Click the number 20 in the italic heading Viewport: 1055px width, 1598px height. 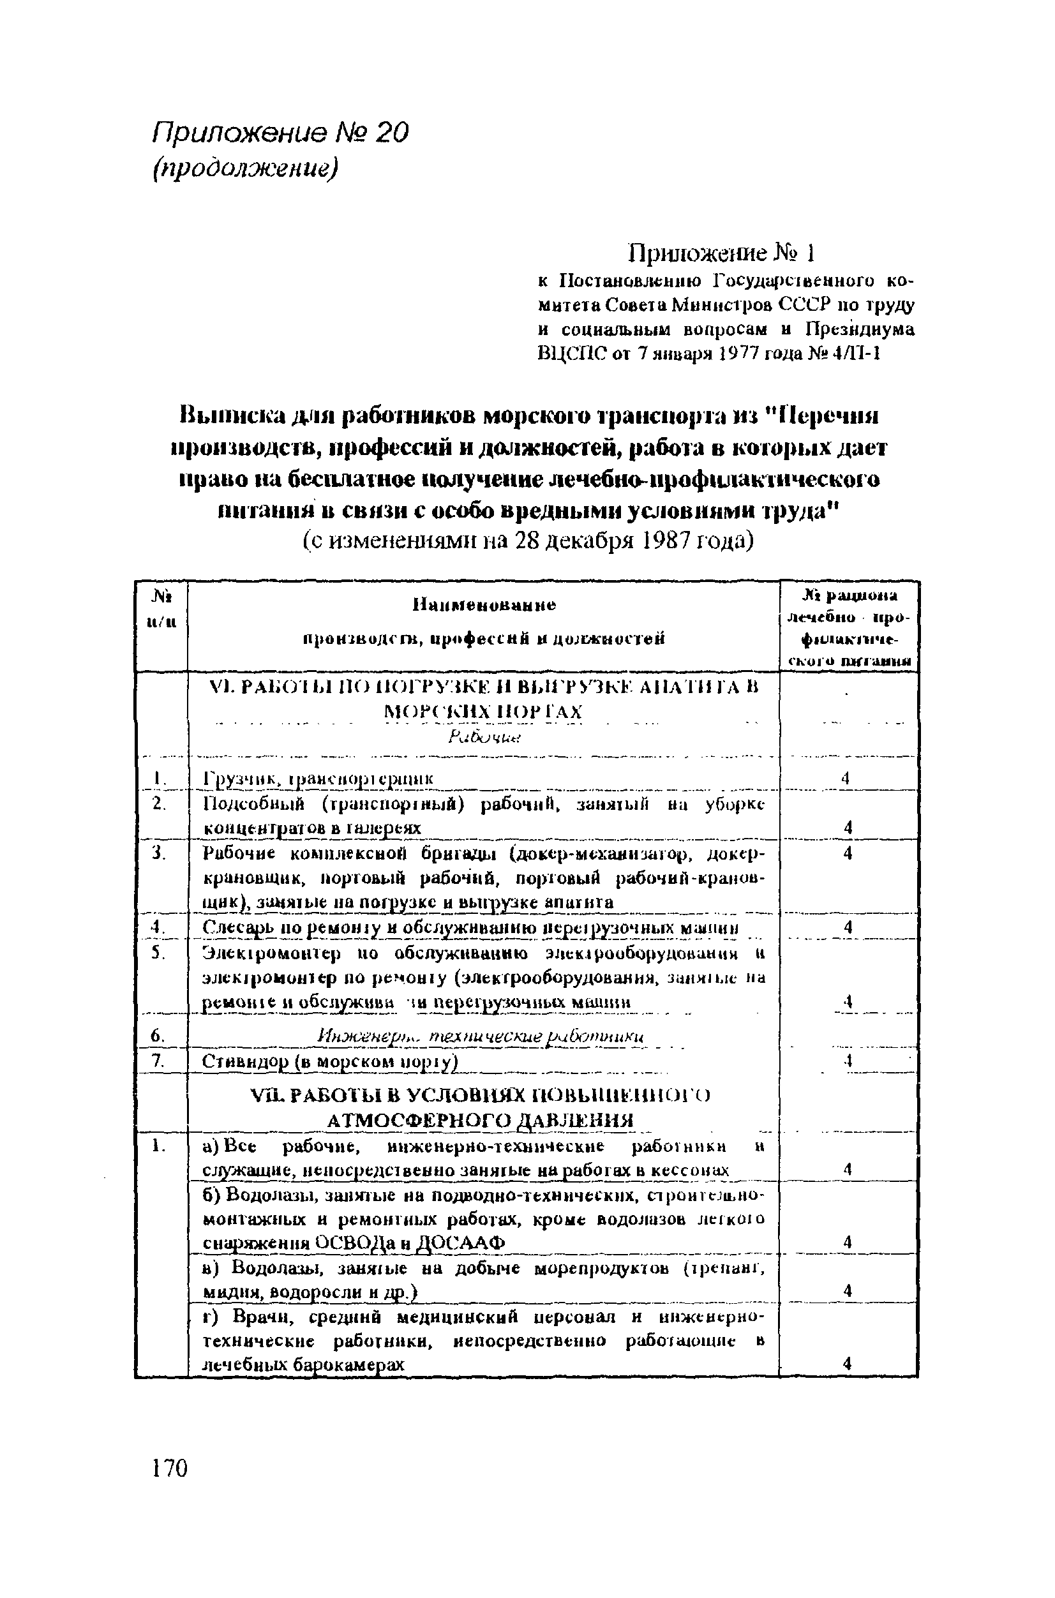point(391,133)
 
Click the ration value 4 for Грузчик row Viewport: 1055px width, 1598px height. point(846,778)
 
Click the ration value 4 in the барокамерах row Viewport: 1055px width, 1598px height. point(847,1364)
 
